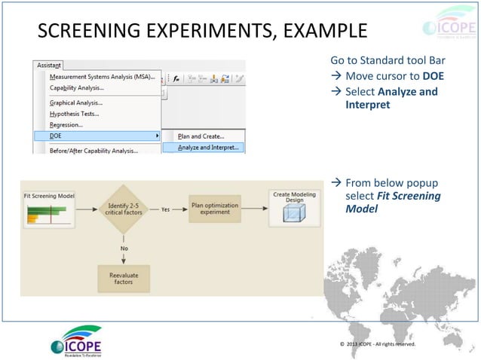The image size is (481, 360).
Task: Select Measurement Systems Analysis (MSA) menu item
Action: (101, 77)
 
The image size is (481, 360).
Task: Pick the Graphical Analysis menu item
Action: (75, 102)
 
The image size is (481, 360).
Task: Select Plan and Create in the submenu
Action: (201, 136)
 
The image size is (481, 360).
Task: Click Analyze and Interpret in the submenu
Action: (208, 148)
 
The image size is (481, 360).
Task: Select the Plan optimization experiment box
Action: (214, 209)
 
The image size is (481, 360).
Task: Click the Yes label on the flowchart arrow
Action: (164, 210)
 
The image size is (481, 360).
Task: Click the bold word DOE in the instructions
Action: (433, 77)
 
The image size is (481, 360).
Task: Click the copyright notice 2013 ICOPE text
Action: (377, 344)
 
